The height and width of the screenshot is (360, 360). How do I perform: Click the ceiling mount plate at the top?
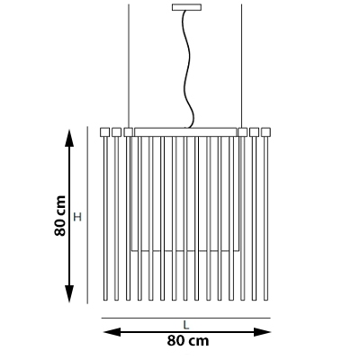tap(186, 7)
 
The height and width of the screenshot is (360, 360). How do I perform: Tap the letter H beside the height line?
tap(77, 217)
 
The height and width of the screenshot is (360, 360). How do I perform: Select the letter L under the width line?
tap(186, 325)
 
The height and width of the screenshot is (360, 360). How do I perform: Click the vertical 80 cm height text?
tap(60, 216)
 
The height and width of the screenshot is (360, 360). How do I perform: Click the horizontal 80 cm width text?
tap(188, 341)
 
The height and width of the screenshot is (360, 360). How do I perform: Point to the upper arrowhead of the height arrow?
tap(69, 138)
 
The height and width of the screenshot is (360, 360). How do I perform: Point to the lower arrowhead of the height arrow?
tap(69, 293)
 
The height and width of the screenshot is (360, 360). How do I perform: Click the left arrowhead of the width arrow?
tap(112, 332)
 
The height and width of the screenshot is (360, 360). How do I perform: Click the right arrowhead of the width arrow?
tap(262, 332)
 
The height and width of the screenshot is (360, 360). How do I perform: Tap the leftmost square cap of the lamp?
tap(104, 132)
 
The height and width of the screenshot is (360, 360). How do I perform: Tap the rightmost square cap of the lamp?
tap(265, 132)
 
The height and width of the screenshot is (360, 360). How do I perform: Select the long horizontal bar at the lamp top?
tap(185, 132)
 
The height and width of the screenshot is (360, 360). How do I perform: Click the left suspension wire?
tap(129, 66)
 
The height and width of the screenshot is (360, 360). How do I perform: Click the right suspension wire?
tap(241, 66)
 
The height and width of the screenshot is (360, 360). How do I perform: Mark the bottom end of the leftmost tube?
tap(105, 300)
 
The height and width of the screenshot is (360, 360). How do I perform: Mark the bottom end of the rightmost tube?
tap(265, 300)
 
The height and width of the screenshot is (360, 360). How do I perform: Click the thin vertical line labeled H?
tap(87, 215)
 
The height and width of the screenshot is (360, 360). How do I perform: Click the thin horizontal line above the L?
tap(186, 318)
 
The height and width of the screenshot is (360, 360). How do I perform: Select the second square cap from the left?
tap(116, 132)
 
